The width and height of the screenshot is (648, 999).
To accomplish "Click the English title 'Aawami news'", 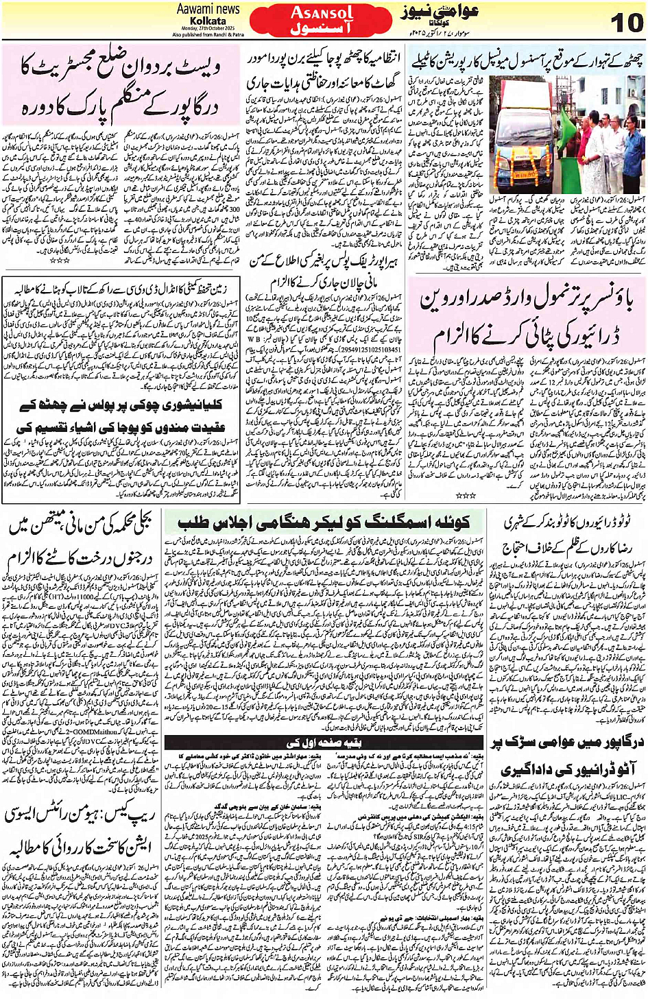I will coord(208,9).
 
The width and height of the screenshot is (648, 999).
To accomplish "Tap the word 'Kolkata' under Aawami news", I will coord(208,21).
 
